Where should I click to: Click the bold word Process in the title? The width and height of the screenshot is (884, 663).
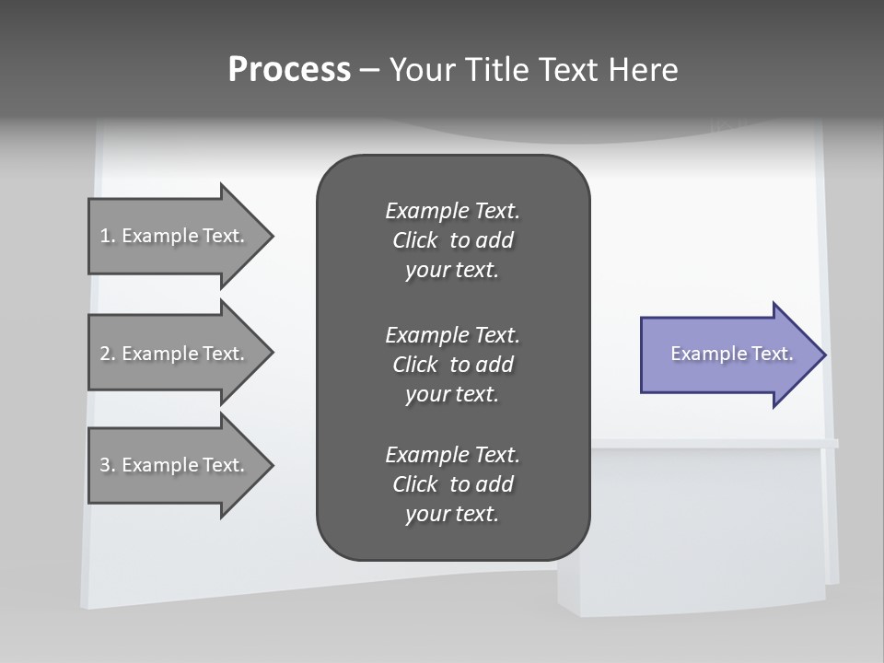tap(289, 70)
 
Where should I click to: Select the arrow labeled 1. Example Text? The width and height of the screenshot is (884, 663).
tap(175, 236)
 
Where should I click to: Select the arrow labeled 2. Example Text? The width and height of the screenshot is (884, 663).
tap(175, 354)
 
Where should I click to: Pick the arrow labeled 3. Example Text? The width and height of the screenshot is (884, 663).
tap(175, 465)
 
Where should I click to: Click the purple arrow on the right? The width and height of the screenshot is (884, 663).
tap(727, 355)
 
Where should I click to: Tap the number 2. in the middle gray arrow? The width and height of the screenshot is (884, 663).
tap(108, 354)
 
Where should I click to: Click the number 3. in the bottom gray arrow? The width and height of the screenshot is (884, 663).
tap(108, 465)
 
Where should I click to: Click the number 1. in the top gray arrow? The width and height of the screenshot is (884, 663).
tap(108, 236)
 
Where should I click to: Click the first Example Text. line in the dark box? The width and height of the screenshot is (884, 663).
tap(452, 211)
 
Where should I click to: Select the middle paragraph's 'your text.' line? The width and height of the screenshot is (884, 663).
tap(452, 394)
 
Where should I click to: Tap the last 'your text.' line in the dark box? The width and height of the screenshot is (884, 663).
tap(452, 514)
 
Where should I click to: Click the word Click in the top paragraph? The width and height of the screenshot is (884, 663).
tap(415, 240)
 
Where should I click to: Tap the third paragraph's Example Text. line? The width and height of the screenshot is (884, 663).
tap(452, 455)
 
